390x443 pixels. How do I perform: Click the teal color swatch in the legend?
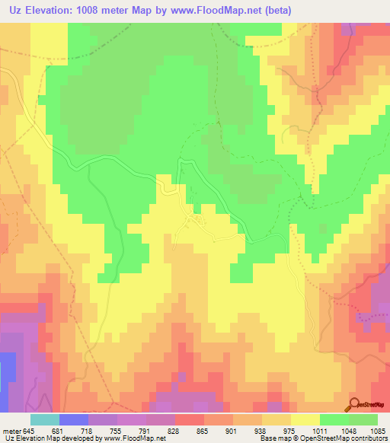coord(45,419)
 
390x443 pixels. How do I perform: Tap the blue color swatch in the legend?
coord(74,419)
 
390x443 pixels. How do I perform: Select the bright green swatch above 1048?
coord(334,419)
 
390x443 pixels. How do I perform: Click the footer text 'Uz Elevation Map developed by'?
coord(53,438)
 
